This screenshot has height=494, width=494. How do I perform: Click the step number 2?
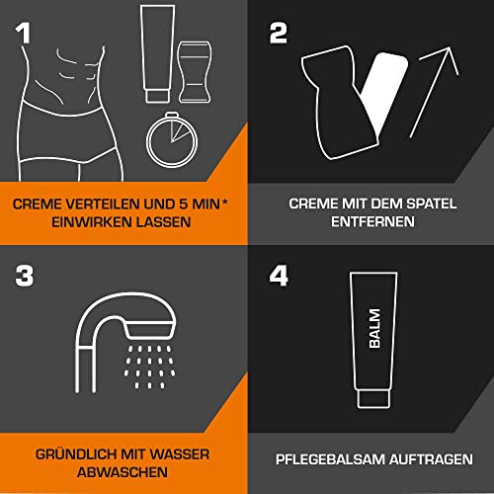[x=280, y=35]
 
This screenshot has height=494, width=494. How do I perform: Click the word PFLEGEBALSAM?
[x=331, y=458]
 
